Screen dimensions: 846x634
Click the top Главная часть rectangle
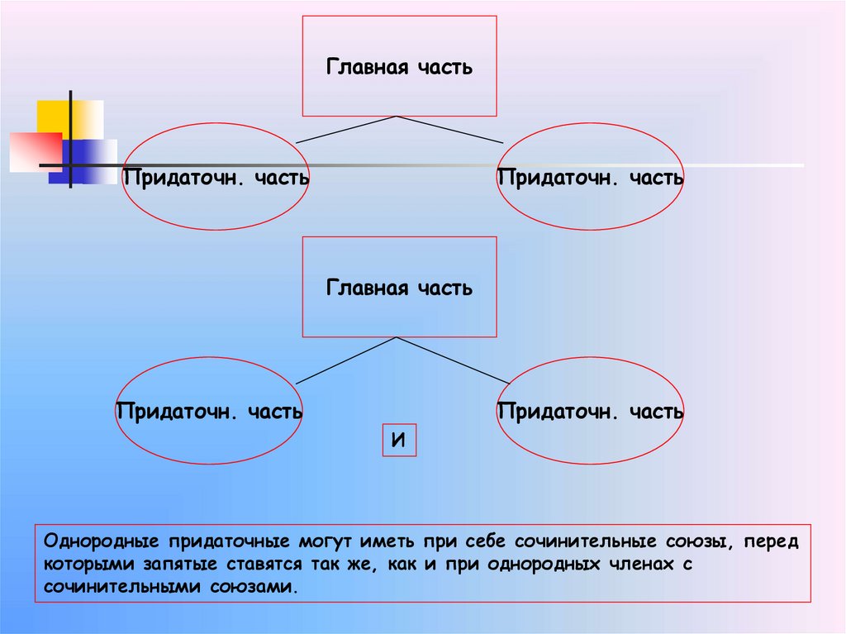399,66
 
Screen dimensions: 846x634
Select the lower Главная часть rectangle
399,287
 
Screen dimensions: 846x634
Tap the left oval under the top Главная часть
216,176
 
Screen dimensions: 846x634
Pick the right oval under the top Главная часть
591,176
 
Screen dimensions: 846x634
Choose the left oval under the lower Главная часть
207,410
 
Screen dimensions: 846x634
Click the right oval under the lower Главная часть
591,410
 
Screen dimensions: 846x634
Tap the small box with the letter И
398,441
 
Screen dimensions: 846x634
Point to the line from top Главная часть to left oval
347,130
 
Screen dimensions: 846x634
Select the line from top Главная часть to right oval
450,130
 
